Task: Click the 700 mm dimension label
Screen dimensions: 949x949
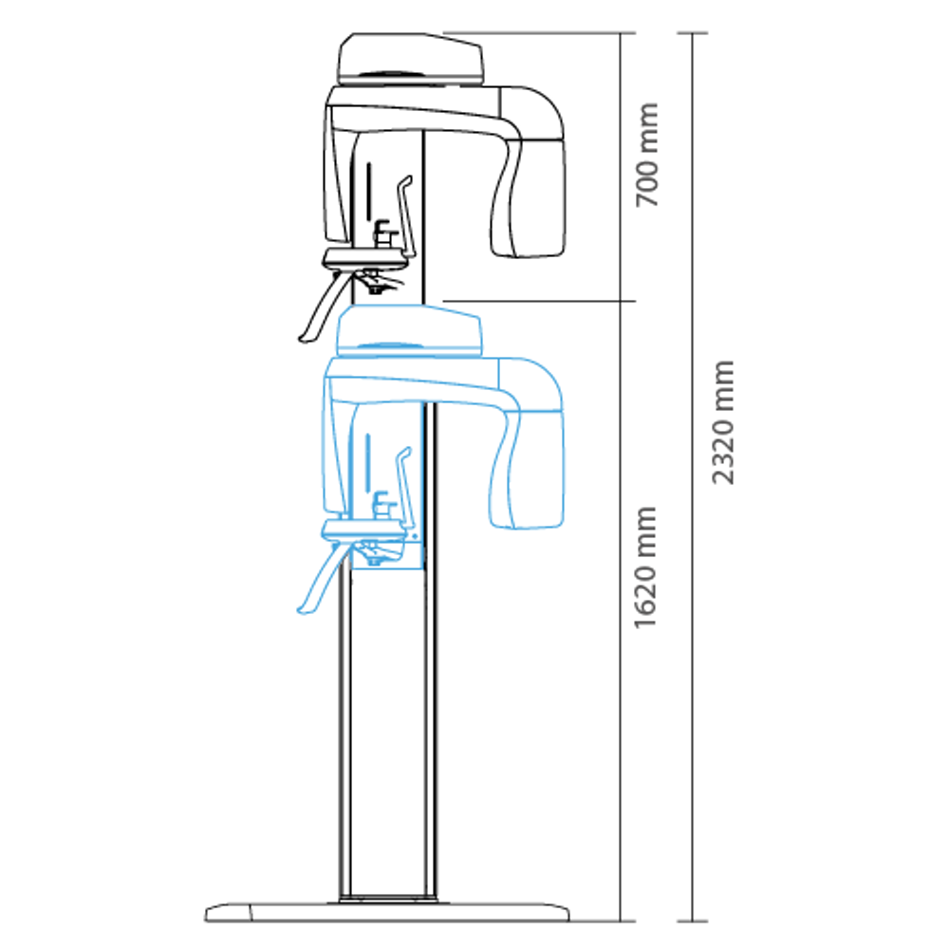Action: click(x=647, y=155)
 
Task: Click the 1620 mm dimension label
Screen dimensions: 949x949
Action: click(x=645, y=568)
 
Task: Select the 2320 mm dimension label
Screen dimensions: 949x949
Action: click(x=722, y=422)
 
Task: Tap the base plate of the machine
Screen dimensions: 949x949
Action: click(x=387, y=911)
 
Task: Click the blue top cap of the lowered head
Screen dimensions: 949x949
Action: click(x=409, y=330)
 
